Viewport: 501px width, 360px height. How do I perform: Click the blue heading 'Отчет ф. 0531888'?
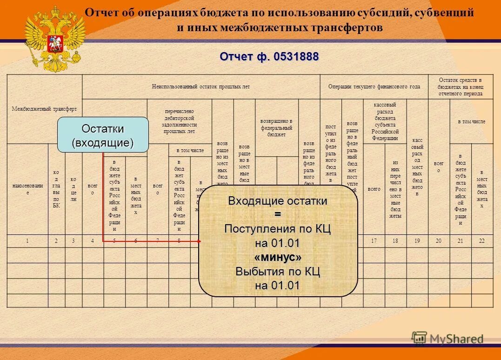tap(269, 57)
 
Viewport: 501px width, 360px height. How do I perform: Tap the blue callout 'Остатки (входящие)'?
tap(103, 135)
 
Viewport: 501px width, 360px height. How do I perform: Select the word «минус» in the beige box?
tap(278, 257)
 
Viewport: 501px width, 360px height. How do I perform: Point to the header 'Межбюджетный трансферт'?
tap(45, 109)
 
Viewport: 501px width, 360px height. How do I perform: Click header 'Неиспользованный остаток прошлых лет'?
tap(200, 87)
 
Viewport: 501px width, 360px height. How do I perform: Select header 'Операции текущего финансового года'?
tap(374, 87)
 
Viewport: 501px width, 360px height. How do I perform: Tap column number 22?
tap(481, 240)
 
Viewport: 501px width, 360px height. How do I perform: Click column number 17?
tap(374, 240)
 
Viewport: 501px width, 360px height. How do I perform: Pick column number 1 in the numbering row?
tap(27, 240)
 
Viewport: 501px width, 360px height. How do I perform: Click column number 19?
tap(417, 240)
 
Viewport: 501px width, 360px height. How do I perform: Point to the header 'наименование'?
tap(27, 189)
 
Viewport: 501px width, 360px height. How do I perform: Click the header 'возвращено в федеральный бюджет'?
tap(276, 128)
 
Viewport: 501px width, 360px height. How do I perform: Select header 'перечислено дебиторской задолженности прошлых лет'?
tap(179, 121)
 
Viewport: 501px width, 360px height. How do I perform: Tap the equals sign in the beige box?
tap(278, 215)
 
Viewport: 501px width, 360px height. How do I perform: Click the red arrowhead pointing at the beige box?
tap(199, 241)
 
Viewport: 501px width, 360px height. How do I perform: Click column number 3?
tap(73, 240)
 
